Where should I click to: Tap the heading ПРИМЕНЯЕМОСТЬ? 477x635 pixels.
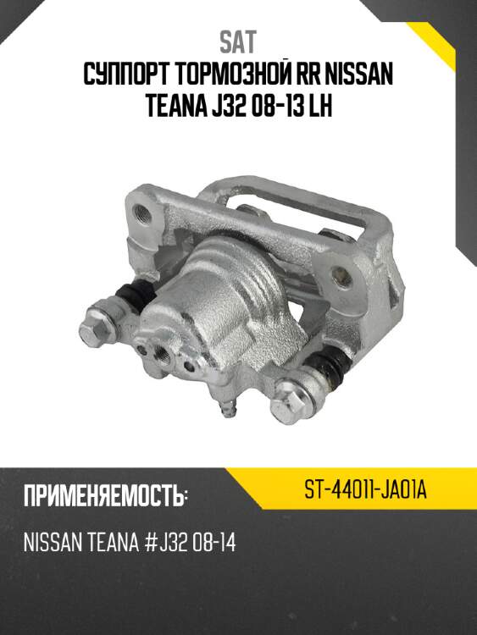point(103,496)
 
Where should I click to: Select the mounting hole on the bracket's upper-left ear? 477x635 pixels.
point(147,211)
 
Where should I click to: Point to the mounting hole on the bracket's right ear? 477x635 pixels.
point(342,274)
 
